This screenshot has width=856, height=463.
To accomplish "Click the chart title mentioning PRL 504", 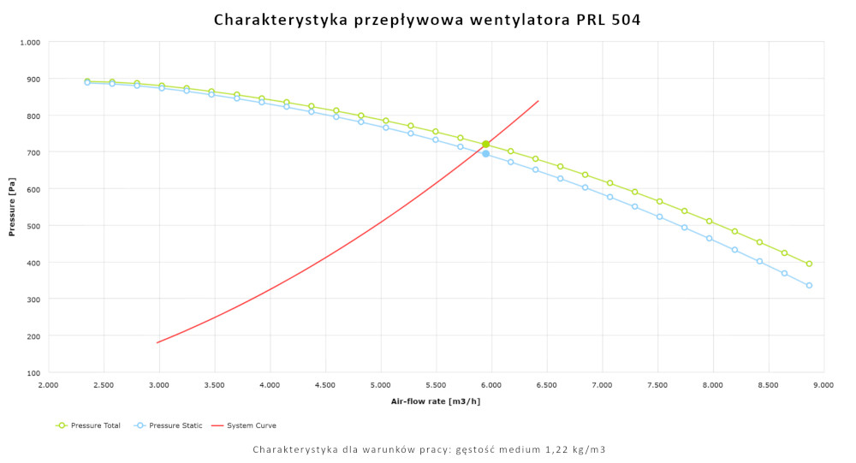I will coord(427,19).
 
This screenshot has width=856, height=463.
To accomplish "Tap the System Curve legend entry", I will coord(249,425).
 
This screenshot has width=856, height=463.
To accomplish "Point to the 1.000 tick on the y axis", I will coord(30,42).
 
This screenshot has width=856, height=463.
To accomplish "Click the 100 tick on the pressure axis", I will coord(33,373).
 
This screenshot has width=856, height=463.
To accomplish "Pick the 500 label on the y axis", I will coord(33,226).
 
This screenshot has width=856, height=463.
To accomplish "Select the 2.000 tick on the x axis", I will coord(49,386).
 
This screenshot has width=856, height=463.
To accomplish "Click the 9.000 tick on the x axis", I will coord(823,386).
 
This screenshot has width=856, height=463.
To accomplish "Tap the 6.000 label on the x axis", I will coord(491,386).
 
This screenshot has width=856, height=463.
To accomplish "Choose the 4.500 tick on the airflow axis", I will coord(325,386).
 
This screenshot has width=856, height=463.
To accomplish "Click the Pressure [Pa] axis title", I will coord(12,207).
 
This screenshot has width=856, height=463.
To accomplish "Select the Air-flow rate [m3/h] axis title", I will coord(435,401).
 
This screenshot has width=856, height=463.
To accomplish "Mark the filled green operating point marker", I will coord(486,144).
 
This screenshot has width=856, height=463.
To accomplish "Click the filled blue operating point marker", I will coord(485,154).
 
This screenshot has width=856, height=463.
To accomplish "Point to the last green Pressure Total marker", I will coord(809,264).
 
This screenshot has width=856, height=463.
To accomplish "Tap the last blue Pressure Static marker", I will coord(809,286).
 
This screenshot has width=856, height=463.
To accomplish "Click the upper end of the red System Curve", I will coord(538,101).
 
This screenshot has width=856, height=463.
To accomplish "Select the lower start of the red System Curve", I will coord(158,343).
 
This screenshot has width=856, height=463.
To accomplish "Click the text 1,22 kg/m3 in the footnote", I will coord(575,449).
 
